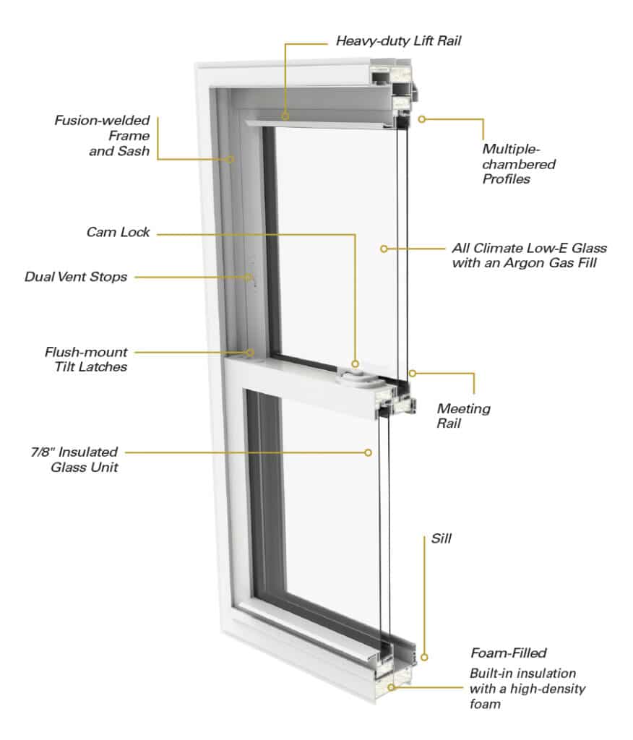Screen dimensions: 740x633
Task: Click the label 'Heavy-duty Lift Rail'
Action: [x=398, y=40]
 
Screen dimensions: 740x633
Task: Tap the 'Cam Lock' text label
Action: [x=118, y=232]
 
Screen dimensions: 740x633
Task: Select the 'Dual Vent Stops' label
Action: [x=75, y=277]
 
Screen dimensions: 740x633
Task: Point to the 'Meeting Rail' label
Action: [x=463, y=416]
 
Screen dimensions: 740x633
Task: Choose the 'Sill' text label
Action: [x=441, y=538]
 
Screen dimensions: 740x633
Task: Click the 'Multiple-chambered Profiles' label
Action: [x=519, y=164]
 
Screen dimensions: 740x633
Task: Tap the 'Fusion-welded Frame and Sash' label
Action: [x=102, y=135]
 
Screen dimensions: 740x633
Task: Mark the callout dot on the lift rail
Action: [x=285, y=115]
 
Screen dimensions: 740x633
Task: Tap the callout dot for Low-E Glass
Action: [x=384, y=248]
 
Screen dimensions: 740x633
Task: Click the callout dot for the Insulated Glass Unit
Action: [x=368, y=452]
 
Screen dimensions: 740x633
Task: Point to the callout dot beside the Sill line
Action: [x=424, y=658]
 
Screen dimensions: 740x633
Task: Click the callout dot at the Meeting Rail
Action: [x=413, y=374]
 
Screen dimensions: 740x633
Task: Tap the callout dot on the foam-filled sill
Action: [x=392, y=687]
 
